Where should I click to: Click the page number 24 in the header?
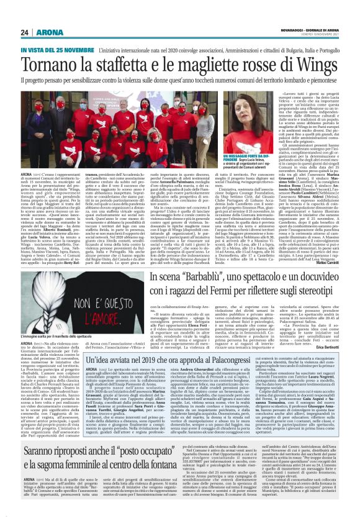tap(24, 32)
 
